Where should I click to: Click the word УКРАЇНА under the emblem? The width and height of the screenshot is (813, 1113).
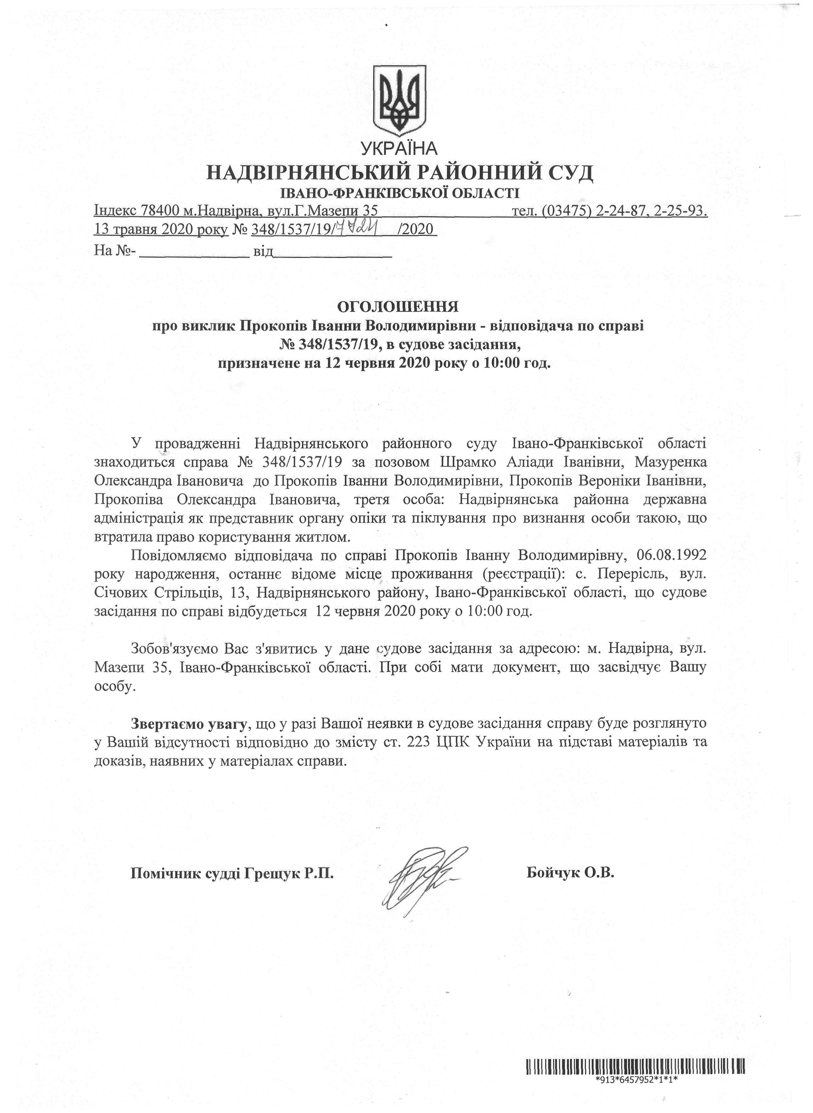click(399, 148)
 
